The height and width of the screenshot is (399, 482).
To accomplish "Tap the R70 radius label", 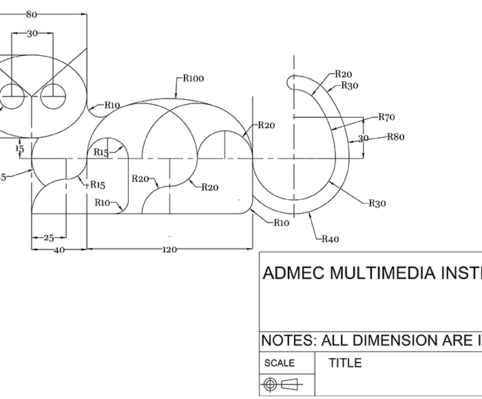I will pos(387,117).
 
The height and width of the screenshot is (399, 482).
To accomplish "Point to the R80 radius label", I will pos(395,136).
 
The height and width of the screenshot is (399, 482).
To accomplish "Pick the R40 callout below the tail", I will pos(331,239).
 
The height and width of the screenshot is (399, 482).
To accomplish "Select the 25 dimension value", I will pos(48,238).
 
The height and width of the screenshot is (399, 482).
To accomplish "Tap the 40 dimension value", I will pos(59,250).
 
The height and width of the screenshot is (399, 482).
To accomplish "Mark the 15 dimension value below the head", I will pos(19,148).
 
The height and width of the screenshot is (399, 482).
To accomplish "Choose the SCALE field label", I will pos(280,363).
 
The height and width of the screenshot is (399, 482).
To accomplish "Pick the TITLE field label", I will pos(345,363).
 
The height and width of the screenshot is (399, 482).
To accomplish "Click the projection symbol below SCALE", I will pos(286,385).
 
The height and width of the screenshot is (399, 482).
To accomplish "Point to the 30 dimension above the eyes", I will pos(32,34).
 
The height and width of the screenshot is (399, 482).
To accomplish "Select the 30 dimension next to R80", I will pos(363,139).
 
